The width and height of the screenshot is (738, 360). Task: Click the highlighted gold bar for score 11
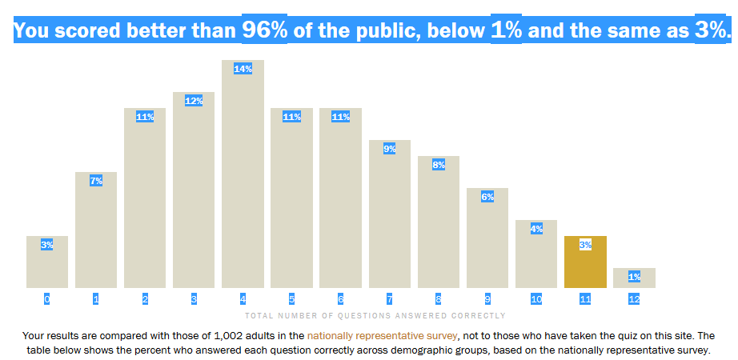click(x=585, y=262)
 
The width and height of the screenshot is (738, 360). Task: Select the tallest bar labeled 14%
click(x=243, y=174)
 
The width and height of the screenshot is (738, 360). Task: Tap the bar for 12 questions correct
click(x=634, y=278)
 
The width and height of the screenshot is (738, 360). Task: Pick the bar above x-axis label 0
click(x=47, y=262)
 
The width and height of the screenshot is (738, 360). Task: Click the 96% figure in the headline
click(x=264, y=30)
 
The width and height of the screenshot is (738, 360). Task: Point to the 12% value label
click(x=194, y=101)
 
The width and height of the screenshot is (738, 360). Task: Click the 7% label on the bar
click(x=96, y=181)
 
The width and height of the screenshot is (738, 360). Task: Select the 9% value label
click(x=389, y=149)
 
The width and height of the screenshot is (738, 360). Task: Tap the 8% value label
click(x=439, y=165)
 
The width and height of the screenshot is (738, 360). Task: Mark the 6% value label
click(x=487, y=197)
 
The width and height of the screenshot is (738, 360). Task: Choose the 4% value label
click(x=536, y=229)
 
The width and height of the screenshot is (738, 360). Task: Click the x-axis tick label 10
click(x=536, y=299)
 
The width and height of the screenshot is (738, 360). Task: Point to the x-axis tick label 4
click(x=243, y=299)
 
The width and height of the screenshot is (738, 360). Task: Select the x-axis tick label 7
click(x=389, y=299)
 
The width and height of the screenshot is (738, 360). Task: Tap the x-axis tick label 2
click(x=145, y=299)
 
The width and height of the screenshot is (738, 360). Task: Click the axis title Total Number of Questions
click(x=375, y=316)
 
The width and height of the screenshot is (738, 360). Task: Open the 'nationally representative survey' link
click(x=382, y=336)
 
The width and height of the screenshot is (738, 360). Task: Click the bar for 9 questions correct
click(x=487, y=238)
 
